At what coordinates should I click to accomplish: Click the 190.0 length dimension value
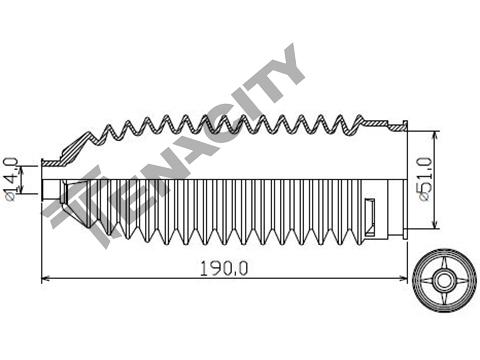click(224, 268)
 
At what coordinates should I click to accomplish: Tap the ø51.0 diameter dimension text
click(426, 179)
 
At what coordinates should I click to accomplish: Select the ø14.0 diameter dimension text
click(12, 179)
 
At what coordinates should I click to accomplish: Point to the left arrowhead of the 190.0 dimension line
click(45, 278)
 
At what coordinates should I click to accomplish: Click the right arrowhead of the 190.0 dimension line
click(404, 278)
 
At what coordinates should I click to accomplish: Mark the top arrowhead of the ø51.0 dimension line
click(435, 135)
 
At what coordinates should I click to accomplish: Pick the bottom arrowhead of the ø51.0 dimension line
click(435, 225)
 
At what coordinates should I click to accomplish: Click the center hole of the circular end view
click(444, 280)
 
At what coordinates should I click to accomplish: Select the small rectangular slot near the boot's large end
click(370, 217)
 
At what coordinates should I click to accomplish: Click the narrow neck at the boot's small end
click(52, 190)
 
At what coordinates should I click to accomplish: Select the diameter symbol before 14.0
click(10, 197)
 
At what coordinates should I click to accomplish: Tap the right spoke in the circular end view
click(460, 280)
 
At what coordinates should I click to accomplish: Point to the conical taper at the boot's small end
click(77, 202)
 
